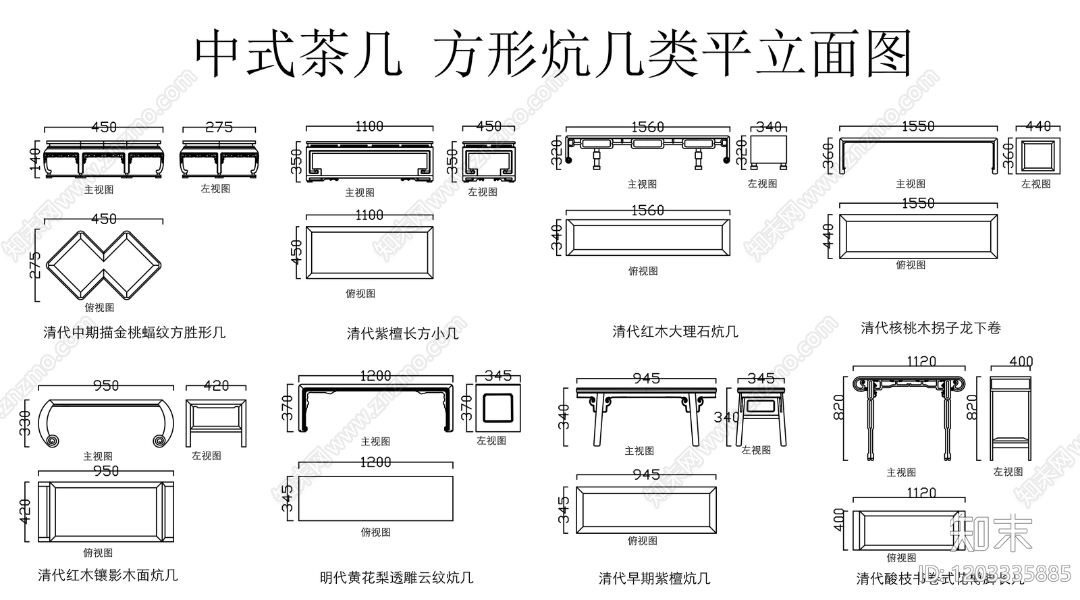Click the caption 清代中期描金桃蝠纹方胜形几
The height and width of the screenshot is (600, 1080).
point(134,332)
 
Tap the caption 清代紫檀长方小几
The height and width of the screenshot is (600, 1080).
point(402,333)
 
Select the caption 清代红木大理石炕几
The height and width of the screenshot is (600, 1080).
point(675,331)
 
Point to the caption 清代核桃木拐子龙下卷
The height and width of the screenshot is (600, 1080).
point(930,328)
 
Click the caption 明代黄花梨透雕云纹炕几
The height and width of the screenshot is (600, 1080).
point(396,578)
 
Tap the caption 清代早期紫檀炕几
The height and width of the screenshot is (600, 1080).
point(654,578)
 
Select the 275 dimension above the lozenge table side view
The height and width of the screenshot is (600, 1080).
point(219,127)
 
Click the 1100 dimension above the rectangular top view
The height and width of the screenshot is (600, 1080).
point(369,215)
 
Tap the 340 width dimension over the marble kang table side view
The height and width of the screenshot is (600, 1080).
point(768,127)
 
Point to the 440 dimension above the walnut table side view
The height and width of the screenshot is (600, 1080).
point(1038,126)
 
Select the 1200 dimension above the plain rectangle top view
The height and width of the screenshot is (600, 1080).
point(375,462)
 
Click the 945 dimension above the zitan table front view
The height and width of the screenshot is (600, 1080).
point(646,379)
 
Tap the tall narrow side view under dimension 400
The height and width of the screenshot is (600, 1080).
point(1010,418)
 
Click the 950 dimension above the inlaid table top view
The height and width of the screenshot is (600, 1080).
point(106,471)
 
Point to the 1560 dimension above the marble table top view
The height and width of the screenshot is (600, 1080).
point(647,211)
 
